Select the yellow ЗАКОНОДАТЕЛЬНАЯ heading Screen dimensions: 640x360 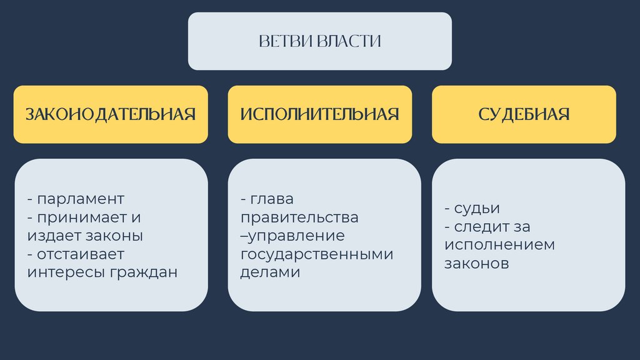(111, 114)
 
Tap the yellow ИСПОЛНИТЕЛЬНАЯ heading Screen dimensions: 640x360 (319, 114)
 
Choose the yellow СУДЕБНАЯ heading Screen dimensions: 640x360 (524, 114)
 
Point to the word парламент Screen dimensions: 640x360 (81, 199)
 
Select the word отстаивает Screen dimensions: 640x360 (81, 254)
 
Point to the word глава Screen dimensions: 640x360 (272, 199)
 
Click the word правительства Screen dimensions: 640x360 (299, 217)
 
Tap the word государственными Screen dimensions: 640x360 (317, 254)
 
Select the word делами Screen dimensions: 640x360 (270, 272)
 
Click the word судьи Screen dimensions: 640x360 (478, 209)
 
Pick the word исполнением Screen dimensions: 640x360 (499, 245)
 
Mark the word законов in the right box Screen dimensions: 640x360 (477, 263)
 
